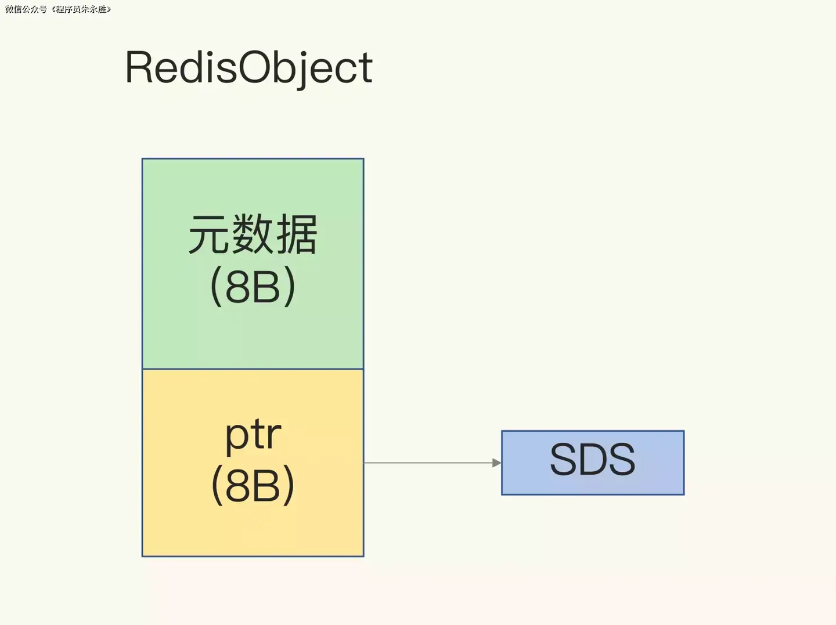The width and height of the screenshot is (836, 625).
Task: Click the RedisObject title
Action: pyautogui.click(x=248, y=68)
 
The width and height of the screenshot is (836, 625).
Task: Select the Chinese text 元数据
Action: pyautogui.click(x=253, y=234)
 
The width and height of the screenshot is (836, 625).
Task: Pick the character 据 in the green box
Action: pyautogui.click(x=297, y=234)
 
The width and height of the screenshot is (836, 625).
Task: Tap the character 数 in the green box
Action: pyautogui.click(x=253, y=234)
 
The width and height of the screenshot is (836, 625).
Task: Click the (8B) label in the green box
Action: pyautogui.click(x=253, y=286)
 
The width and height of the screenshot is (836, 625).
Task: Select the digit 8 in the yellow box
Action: pyautogui.click(x=237, y=486)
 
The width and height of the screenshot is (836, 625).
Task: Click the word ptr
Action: pyautogui.click(x=253, y=435)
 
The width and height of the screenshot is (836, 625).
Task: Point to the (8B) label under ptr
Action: pyautogui.click(x=253, y=486)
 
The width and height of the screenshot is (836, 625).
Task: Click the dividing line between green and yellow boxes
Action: pyautogui.click(x=253, y=369)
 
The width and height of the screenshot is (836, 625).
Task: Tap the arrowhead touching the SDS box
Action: pyautogui.click(x=496, y=463)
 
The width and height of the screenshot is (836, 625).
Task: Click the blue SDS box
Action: pyautogui.click(x=593, y=463)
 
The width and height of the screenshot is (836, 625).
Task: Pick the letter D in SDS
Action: pyautogui.click(x=593, y=460)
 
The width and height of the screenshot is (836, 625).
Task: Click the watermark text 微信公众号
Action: pyautogui.click(x=26, y=9)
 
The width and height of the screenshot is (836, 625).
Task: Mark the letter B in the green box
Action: pyautogui.click(x=266, y=287)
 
